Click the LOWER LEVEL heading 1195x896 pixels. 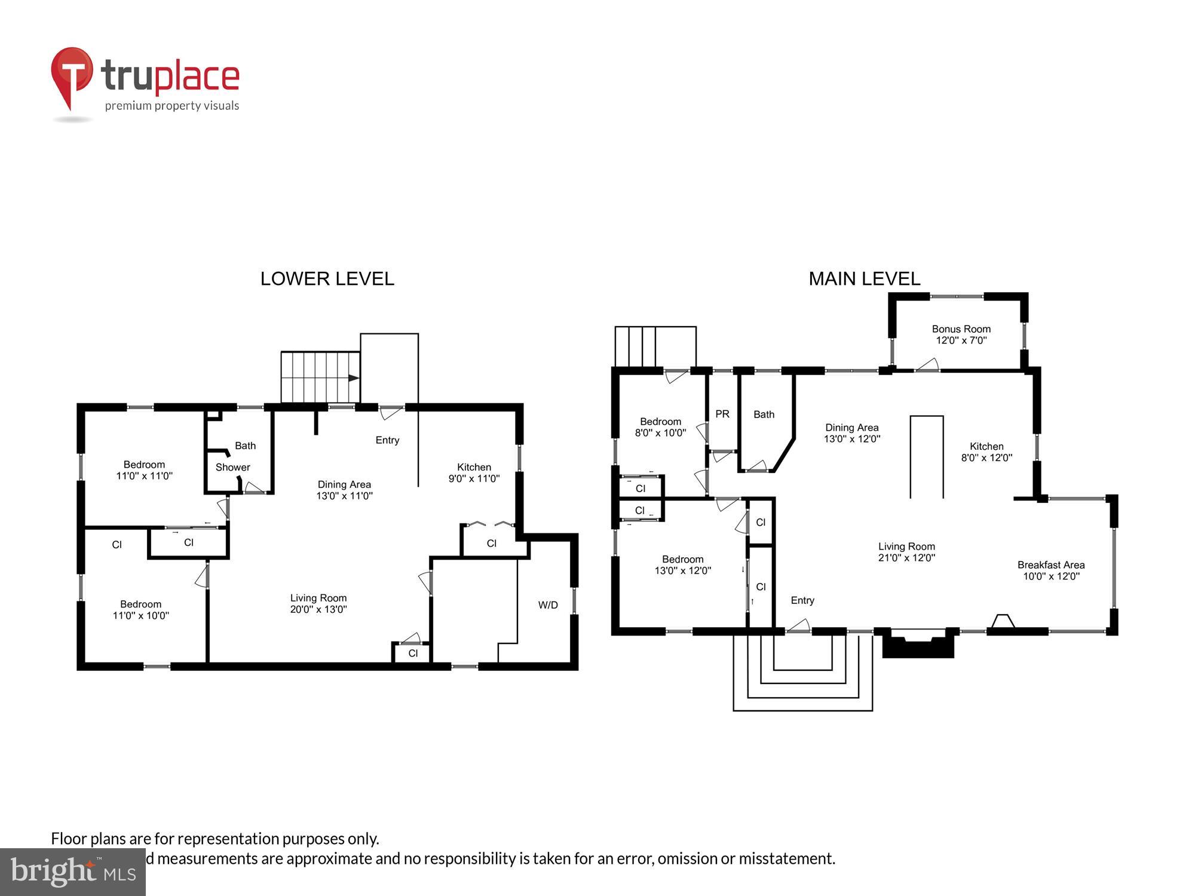click(327, 278)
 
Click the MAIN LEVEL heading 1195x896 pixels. click(864, 278)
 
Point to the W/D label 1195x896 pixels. click(547, 605)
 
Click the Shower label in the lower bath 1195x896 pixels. click(232, 467)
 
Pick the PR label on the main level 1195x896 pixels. click(722, 414)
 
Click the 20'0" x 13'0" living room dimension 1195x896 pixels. click(318, 609)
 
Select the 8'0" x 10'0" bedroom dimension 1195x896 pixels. click(660, 432)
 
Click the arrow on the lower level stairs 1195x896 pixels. click(353, 378)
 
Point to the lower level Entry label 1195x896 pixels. click(387, 440)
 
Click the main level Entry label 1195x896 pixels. click(802, 600)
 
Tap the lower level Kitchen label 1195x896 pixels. click(474, 467)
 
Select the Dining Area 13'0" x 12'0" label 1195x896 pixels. click(851, 433)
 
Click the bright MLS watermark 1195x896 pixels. click(72, 872)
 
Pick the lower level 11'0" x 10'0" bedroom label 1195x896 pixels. click(140, 610)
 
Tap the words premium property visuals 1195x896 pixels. click(171, 106)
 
